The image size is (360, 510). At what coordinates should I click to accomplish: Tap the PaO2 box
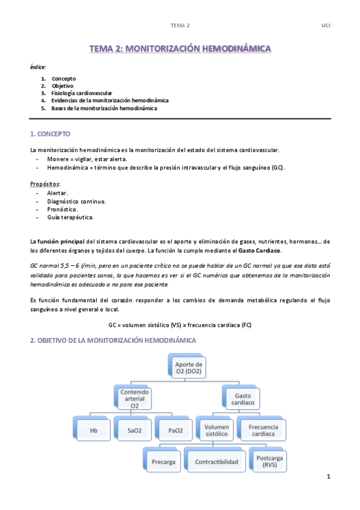(x=175, y=430)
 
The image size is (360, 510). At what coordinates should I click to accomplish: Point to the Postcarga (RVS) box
(x=268, y=462)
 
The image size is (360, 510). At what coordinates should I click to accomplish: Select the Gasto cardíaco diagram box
(x=243, y=398)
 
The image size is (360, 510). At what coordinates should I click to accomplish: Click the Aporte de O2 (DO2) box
(x=189, y=367)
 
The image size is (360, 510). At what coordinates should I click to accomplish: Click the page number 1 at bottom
(x=329, y=477)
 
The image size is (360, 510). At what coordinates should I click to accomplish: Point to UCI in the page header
(x=326, y=25)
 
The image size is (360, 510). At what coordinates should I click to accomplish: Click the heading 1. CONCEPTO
(x=50, y=133)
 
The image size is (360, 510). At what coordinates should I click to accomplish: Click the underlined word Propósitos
(x=45, y=183)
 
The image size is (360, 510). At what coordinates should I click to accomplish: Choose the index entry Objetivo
(x=63, y=86)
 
